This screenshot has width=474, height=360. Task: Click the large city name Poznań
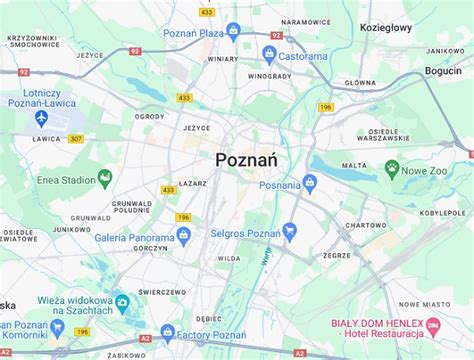tap(246, 159)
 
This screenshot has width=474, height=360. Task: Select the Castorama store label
tap(302, 57)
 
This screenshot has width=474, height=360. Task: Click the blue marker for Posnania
tap(309, 183)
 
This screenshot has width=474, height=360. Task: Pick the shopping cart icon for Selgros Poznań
tap(290, 231)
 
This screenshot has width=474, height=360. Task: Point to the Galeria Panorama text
tap(134, 238)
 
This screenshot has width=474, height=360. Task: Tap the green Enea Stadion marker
tap(105, 181)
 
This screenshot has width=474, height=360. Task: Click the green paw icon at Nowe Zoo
tap(391, 169)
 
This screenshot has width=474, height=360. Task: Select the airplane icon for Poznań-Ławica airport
tap(41, 118)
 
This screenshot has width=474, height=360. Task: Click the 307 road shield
tap(76, 138)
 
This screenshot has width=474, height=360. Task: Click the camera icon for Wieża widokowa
tap(121, 301)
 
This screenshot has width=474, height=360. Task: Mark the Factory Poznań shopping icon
tap(167, 332)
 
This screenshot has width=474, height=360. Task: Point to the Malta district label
tap(349, 166)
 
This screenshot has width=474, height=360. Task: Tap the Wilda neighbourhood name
tap(229, 257)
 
